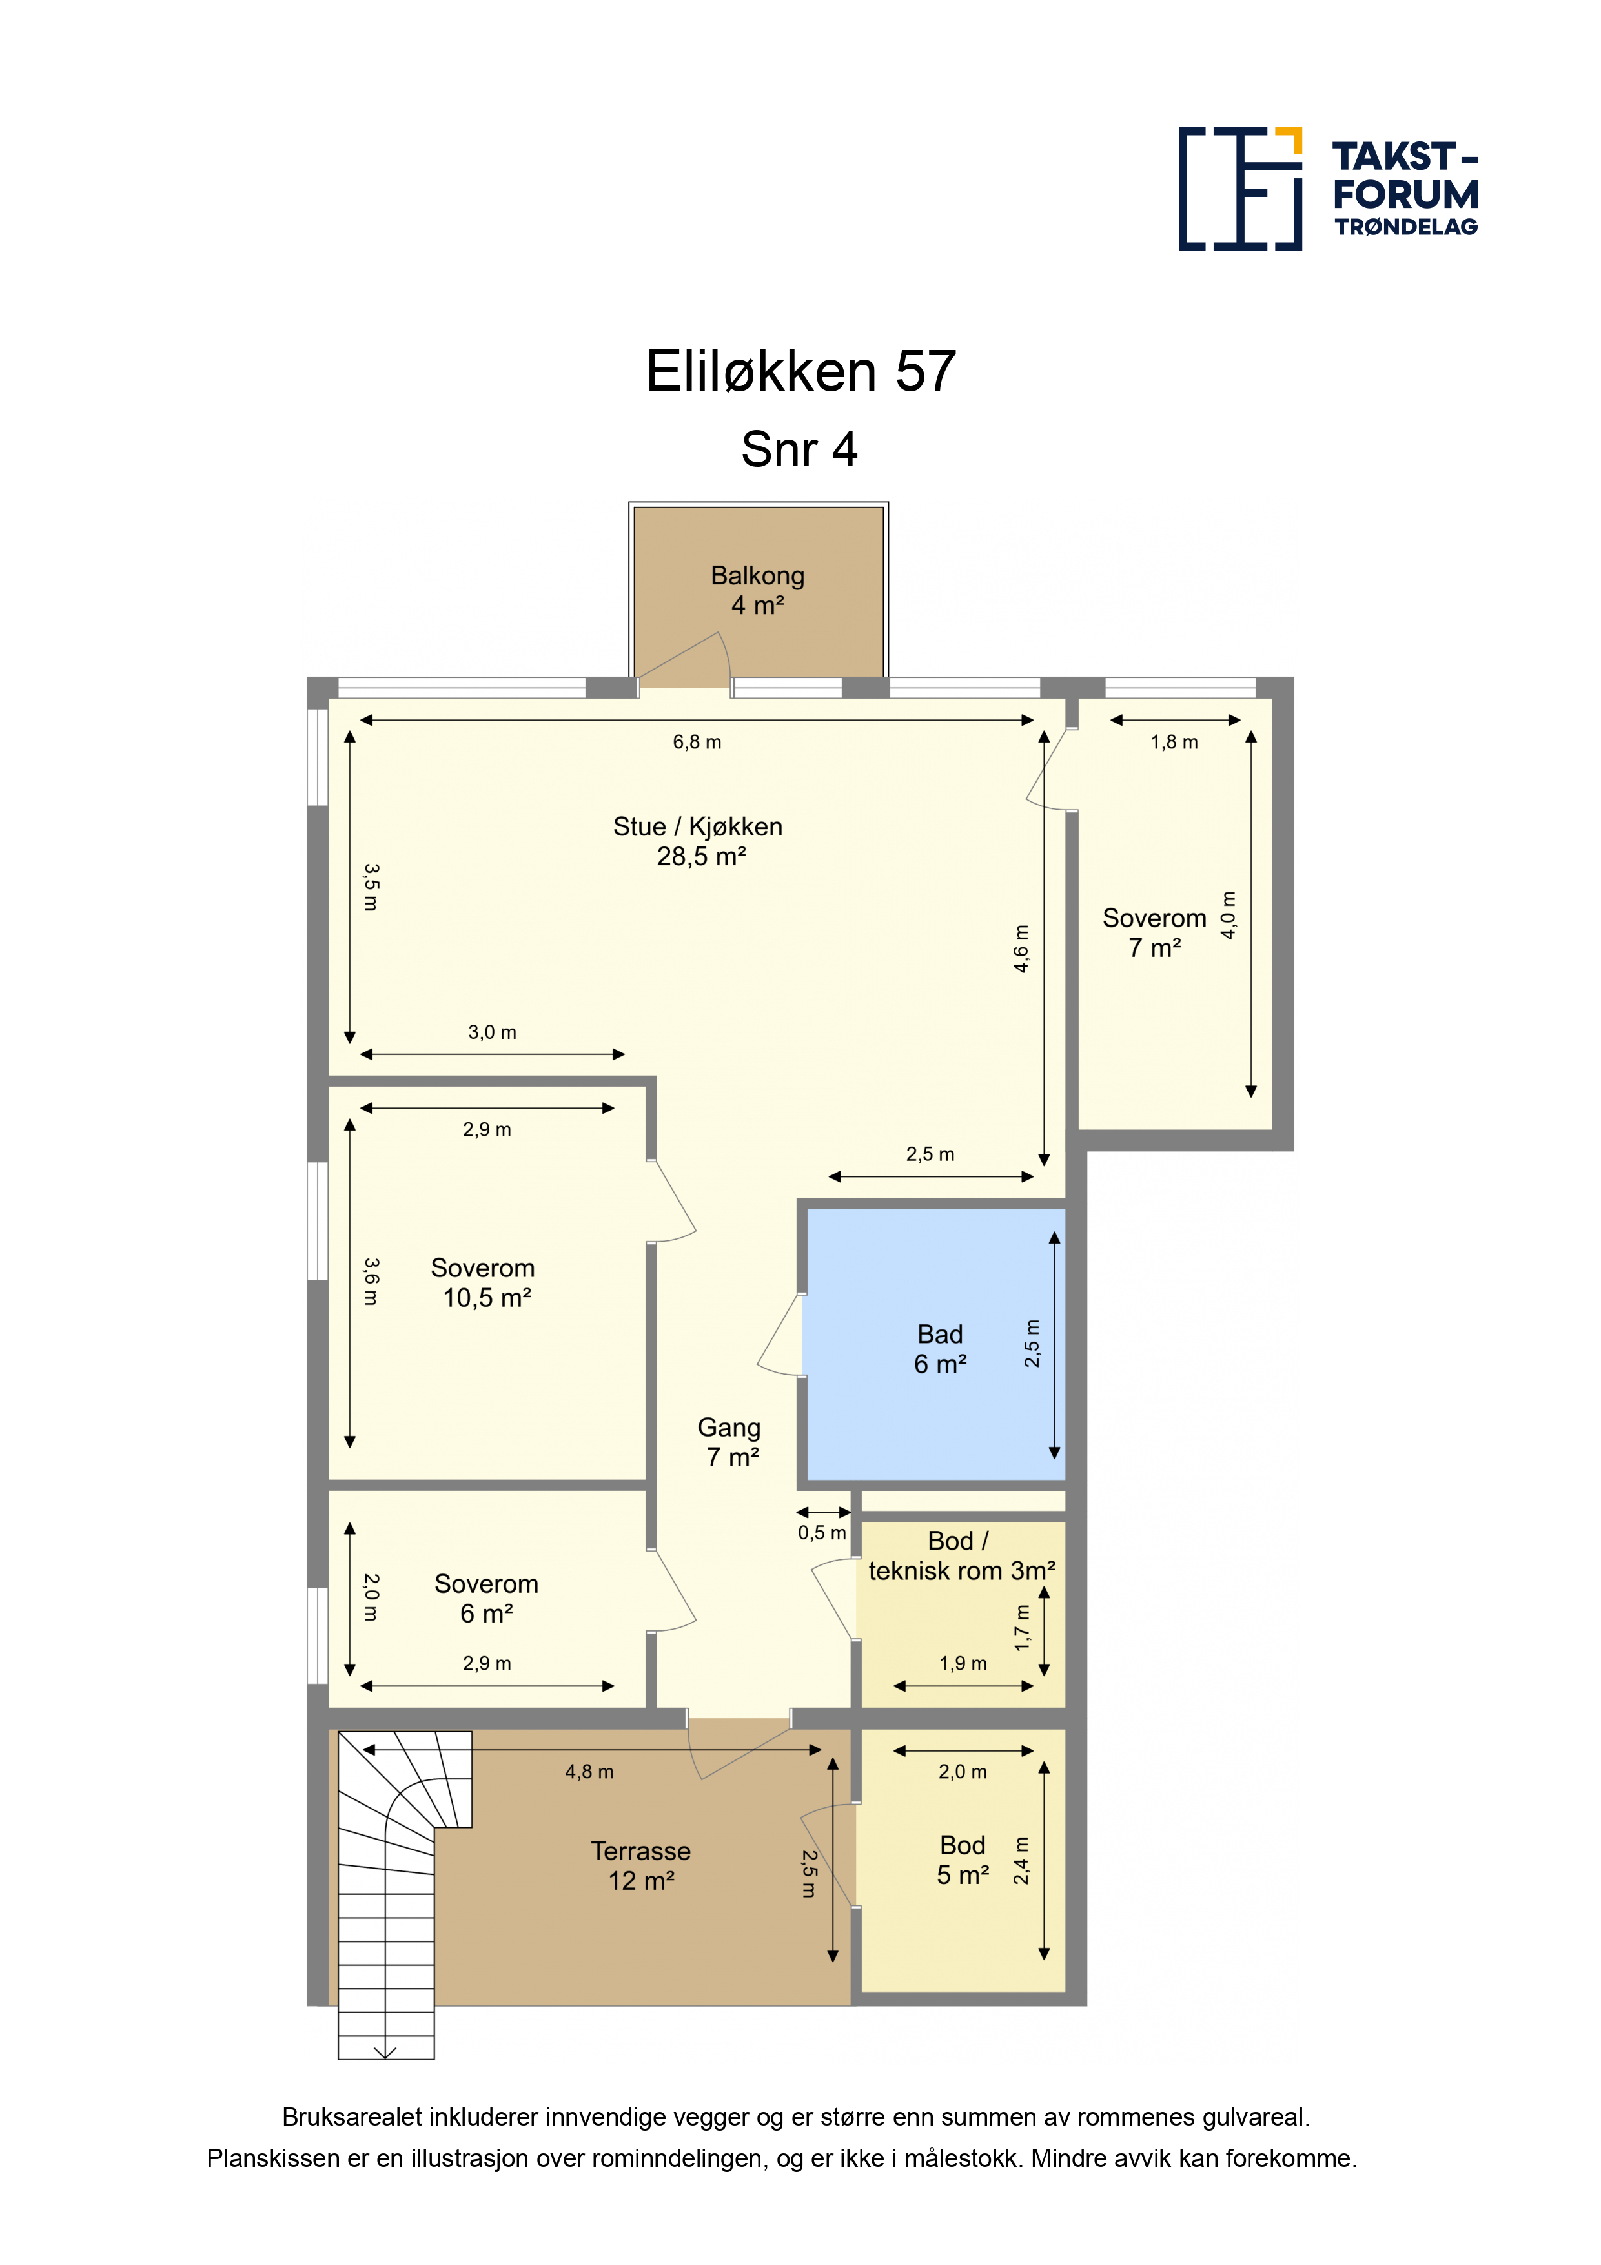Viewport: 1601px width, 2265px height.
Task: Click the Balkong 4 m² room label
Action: click(x=758, y=590)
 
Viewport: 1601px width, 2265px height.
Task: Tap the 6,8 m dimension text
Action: click(x=697, y=742)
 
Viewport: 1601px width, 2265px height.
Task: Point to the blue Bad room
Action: click(x=935, y=1344)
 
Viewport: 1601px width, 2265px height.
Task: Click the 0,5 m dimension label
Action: click(x=822, y=1533)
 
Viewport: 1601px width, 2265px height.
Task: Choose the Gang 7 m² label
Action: click(x=730, y=1441)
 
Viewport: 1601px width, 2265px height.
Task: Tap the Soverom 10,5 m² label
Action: click(x=484, y=1282)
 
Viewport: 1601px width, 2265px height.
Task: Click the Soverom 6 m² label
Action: click(x=486, y=1598)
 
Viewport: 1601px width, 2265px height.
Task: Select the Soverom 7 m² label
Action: click(x=1155, y=932)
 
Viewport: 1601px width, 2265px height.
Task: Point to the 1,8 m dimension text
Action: click(x=1174, y=742)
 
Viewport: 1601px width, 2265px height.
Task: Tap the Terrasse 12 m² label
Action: click(x=641, y=1865)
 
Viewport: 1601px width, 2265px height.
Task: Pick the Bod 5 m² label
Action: click(x=963, y=1860)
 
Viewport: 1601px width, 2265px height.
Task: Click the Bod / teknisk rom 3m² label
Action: click(x=962, y=1555)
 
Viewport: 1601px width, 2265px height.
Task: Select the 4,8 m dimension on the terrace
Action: click(x=589, y=1772)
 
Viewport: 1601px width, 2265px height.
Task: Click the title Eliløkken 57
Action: click(x=801, y=371)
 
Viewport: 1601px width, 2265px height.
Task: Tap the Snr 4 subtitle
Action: click(x=799, y=450)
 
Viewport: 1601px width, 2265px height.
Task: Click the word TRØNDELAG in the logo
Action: click(x=1407, y=227)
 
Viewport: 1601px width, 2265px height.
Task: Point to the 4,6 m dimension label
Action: click(x=1022, y=948)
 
